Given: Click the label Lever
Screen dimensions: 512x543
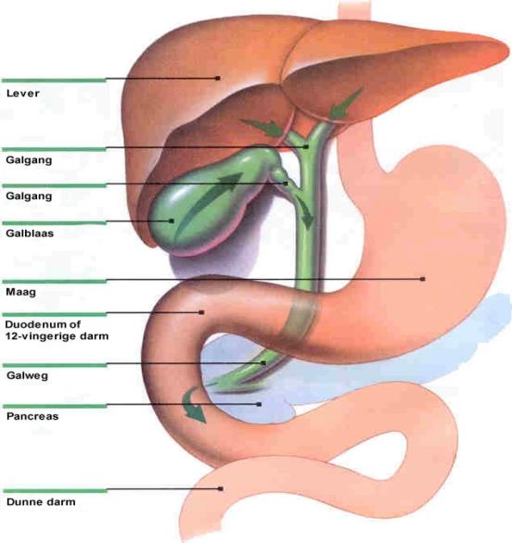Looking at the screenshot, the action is coord(23,94).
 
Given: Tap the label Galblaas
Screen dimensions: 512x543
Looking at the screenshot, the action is coord(30,234).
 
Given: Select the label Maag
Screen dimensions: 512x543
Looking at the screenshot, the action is coord(20,292).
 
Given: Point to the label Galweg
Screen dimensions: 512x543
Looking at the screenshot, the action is coord(27,375).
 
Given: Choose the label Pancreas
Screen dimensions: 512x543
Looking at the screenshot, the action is coord(32,416).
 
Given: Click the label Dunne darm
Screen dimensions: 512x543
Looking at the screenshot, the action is coord(41,502).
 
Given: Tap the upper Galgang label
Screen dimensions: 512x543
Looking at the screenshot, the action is coord(29,160).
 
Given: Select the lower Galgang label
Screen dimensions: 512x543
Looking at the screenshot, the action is coord(29,196).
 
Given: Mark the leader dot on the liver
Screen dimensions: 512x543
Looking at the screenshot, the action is coord(218,78).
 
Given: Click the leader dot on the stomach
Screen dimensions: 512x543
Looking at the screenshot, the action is coord(423,279).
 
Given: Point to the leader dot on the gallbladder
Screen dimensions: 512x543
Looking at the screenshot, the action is coord(172,221).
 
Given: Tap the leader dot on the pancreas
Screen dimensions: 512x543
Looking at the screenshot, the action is coord(259,404).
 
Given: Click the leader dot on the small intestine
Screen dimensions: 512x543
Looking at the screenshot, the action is coord(221,488).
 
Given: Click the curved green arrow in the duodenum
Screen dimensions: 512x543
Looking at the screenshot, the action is coord(193,405).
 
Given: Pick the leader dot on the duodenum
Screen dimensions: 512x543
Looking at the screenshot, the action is coord(201,312).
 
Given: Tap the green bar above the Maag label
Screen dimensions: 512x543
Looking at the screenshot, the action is coord(55,281).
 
